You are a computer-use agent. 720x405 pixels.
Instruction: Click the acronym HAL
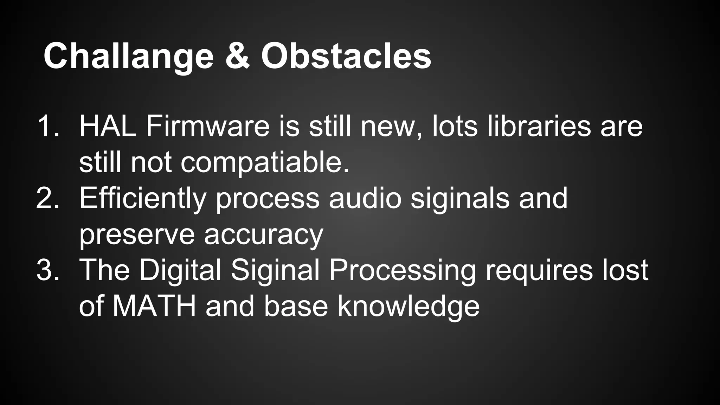[x=108, y=126]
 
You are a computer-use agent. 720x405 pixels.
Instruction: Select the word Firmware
[x=207, y=126]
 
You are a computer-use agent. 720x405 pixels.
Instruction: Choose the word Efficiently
[x=142, y=199]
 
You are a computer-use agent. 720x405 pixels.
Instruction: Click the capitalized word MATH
[x=154, y=306]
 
